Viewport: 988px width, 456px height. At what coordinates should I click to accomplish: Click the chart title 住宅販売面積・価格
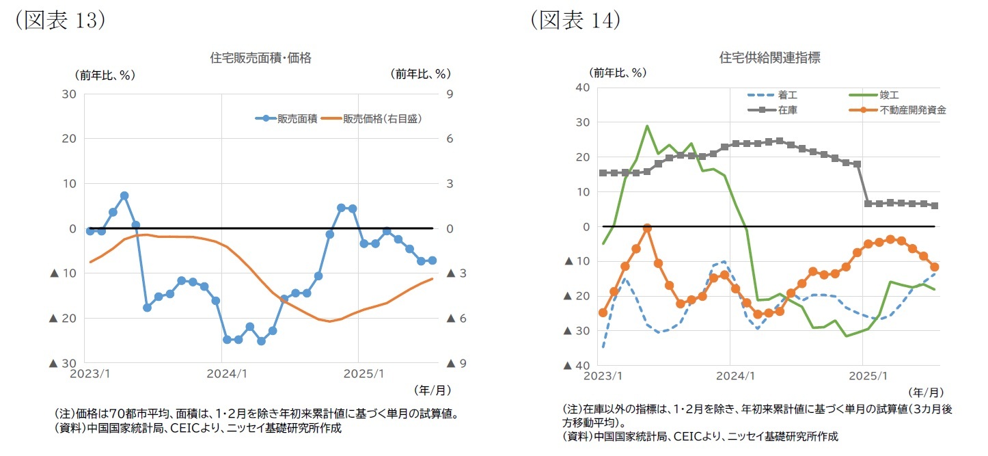[x=260, y=58]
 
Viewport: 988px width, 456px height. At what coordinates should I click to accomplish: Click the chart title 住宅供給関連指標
[x=769, y=58]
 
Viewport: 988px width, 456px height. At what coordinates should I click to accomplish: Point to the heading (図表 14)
[x=575, y=20]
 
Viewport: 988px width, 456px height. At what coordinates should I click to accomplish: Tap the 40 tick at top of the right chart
[x=583, y=88]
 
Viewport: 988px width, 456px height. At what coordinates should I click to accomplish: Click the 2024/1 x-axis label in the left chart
[x=222, y=374]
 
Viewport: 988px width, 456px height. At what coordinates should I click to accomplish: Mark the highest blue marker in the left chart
[x=124, y=196]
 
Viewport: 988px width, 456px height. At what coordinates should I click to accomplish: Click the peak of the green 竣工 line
[x=647, y=126]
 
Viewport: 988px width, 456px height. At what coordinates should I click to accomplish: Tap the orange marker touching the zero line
[x=647, y=228]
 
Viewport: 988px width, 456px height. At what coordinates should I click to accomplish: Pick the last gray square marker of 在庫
[x=935, y=206]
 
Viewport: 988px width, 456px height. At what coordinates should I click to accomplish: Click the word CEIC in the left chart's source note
[x=178, y=429]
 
